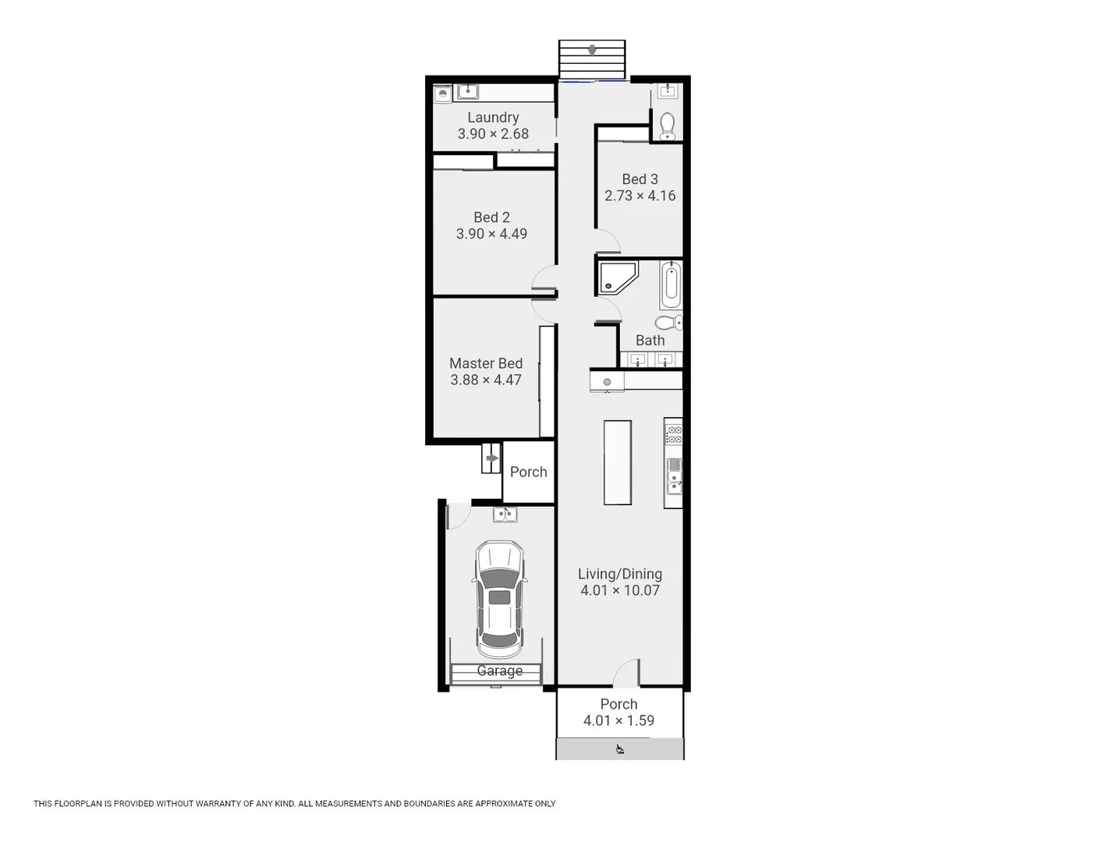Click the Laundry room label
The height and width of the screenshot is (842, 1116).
coord(493,118)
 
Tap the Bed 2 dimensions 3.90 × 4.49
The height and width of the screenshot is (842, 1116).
coord(491,234)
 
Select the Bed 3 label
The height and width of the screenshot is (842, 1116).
coord(639,179)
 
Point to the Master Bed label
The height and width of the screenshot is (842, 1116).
coord(486,363)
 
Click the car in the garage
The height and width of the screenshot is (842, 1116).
coord(499,599)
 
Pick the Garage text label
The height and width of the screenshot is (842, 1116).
coord(499,670)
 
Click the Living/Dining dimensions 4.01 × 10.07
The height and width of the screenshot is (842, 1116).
coord(620,591)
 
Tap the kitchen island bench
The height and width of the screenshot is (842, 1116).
coord(618,462)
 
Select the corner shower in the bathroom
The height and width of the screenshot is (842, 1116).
coord(618,278)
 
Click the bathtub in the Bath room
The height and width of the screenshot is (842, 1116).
coord(671,285)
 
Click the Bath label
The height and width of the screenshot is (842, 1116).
coord(650,341)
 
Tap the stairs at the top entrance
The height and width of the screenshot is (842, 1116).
coord(592,58)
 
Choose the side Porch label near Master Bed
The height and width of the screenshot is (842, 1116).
coord(528,472)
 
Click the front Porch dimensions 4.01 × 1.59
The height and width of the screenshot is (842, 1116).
coord(618,721)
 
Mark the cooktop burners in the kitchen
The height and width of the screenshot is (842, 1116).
coord(674,434)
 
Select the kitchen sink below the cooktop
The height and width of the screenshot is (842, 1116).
coord(674,476)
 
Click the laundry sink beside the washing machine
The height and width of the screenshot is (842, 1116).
coord(468,92)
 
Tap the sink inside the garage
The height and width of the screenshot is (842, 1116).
coord(505,514)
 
